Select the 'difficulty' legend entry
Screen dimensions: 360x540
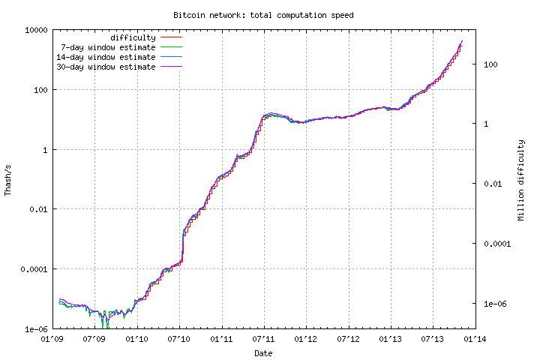coord(133,37)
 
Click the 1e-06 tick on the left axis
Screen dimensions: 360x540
coord(36,329)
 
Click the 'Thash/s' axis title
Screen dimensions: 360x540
coord(8,180)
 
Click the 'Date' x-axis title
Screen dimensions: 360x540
coord(263,352)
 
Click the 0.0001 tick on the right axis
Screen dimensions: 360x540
coord(494,243)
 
